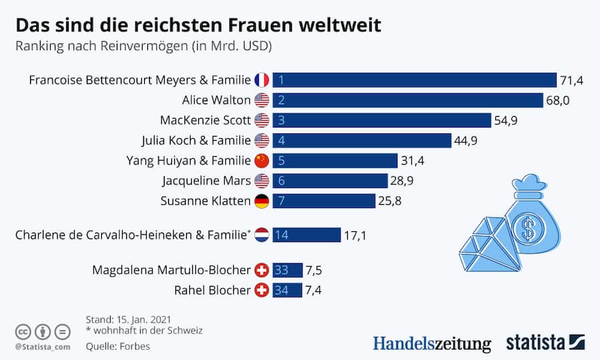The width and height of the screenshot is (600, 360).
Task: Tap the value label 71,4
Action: point(571,81)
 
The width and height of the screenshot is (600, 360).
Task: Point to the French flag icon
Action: point(262,80)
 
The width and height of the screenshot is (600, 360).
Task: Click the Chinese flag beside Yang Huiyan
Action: point(262,161)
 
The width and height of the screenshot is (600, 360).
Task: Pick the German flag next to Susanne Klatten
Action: point(262,201)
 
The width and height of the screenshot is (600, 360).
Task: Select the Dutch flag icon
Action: point(262,235)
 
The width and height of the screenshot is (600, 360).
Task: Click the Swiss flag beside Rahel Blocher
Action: point(262,291)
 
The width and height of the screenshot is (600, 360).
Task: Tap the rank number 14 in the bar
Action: point(282,235)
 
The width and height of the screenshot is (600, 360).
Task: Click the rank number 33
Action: point(282,270)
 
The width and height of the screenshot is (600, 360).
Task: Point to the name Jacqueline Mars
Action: point(206,181)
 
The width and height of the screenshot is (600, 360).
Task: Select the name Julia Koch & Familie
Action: point(196,141)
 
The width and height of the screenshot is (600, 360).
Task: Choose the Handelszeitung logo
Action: point(431,343)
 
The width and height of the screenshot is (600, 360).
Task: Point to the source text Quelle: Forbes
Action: point(118,346)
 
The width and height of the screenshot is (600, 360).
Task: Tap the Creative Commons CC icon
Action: point(24,331)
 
